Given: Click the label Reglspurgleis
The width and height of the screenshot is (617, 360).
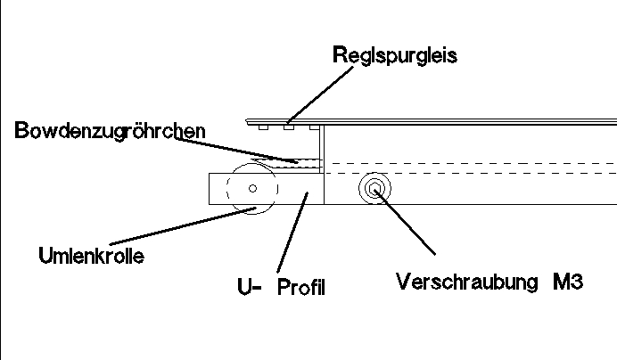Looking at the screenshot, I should tap(394, 55).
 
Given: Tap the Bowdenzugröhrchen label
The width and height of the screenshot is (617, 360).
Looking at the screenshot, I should tap(111, 131).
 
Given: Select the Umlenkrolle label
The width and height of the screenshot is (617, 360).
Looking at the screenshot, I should tap(91, 256).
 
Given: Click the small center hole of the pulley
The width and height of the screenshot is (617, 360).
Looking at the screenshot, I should tap(253, 189).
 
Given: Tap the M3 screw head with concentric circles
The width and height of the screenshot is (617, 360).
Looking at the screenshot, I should tap(373, 189).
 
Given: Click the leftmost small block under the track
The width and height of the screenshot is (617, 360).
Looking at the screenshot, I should tap(263, 127).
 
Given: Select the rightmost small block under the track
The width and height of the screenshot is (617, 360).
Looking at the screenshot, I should tap(314, 127).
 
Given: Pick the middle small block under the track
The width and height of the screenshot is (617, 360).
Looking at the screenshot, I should tap(288, 127).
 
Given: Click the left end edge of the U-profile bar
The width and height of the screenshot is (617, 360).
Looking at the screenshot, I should tap(209, 189).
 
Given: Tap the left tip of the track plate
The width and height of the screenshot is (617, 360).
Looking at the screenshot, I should tap(246, 119).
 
